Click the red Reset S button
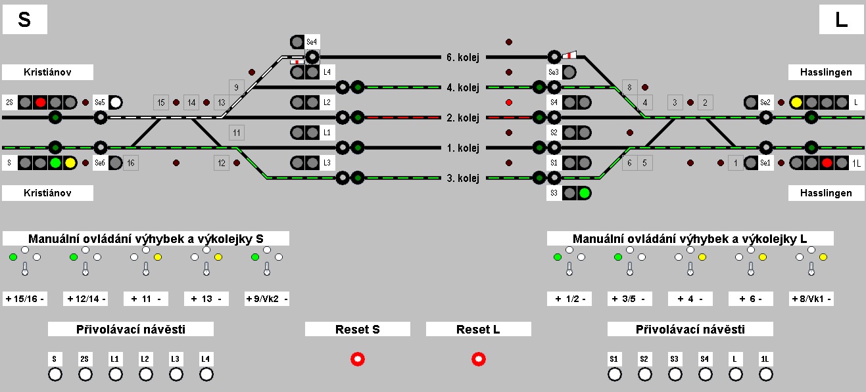point(358,359)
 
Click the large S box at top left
point(24,20)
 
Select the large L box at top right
point(841,20)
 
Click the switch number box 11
point(237,133)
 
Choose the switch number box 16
point(131,163)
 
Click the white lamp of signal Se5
point(116,102)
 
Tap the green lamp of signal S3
point(583,193)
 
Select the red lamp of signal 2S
point(40,102)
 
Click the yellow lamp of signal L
point(796,102)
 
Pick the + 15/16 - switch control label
point(25,299)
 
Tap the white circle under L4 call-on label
point(206,374)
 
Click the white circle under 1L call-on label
point(766,374)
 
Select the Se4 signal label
point(312,42)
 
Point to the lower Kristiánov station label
point(47,193)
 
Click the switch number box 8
point(630,87)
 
